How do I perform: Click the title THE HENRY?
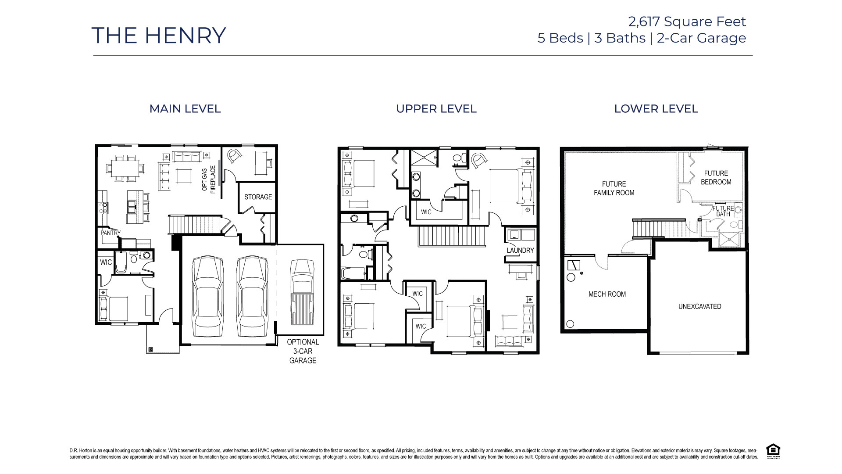[x=159, y=36]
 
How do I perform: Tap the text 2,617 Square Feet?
[x=687, y=21]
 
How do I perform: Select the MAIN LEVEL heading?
[x=185, y=109]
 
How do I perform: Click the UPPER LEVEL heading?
[x=436, y=109]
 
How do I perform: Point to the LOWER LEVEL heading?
[x=656, y=109]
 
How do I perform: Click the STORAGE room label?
[x=258, y=197]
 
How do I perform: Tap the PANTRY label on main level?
[x=110, y=233]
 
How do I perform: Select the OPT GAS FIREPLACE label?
[x=209, y=179]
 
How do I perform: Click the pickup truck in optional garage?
[x=302, y=291]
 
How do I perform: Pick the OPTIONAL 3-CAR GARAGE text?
[x=303, y=351]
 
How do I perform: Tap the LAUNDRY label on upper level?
[x=520, y=251]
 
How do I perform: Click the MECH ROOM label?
[x=607, y=294]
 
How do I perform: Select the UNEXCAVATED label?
[x=699, y=306]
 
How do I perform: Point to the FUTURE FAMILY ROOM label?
[x=614, y=188]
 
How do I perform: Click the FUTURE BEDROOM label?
[x=716, y=178]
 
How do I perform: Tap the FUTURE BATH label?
[x=723, y=211]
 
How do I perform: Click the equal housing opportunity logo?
[x=773, y=451]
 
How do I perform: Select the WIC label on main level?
[x=106, y=262]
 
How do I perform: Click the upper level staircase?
[x=452, y=237]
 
